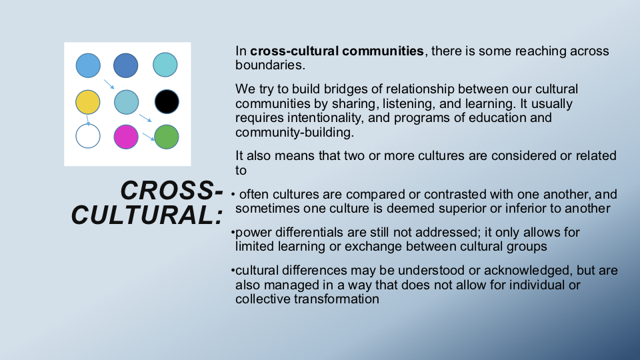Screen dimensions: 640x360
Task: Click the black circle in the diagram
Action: point(167,101)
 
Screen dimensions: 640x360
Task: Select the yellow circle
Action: point(88,102)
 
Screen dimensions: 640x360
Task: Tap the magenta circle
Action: point(126,137)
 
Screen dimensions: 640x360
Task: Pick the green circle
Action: point(167,137)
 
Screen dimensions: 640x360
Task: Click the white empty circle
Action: point(88,136)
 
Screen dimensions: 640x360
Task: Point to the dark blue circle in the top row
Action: point(126,65)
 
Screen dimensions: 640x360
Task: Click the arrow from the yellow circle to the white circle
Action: point(88,120)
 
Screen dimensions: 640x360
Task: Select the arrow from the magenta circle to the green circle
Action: point(149,137)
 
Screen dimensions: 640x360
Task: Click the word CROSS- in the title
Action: point(172,190)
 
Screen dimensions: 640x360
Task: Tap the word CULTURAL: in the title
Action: point(147,215)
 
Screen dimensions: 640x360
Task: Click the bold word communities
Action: point(383,51)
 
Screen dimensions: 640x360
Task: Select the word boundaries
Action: point(270,65)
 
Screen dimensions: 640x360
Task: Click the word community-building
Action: point(294,132)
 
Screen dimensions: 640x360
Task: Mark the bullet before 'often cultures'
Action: point(233,194)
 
